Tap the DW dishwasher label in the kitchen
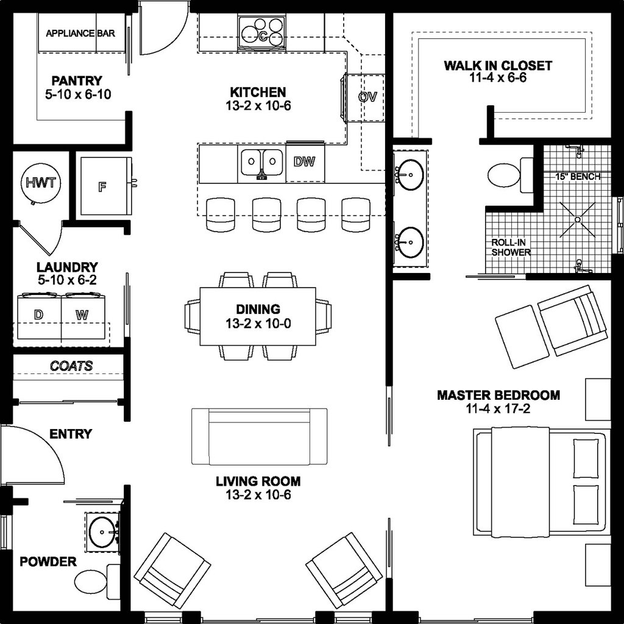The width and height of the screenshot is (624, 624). [304, 161]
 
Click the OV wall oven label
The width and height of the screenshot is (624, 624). [367, 97]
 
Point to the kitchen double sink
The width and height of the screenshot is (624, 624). [261, 163]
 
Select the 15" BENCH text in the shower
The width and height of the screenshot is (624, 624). [577, 177]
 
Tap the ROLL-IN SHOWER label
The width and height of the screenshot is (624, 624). [511, 247]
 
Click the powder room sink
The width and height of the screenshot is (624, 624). [102, 532]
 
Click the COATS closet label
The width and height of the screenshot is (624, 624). [71, 366]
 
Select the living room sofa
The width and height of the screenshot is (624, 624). [259, 436]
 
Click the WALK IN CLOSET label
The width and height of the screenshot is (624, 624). [498, 66]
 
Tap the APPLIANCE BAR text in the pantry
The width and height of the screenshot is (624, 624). [80, 33]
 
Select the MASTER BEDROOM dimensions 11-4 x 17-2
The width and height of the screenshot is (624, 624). [498, 409]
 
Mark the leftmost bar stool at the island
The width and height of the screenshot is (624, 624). [220, 214]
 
